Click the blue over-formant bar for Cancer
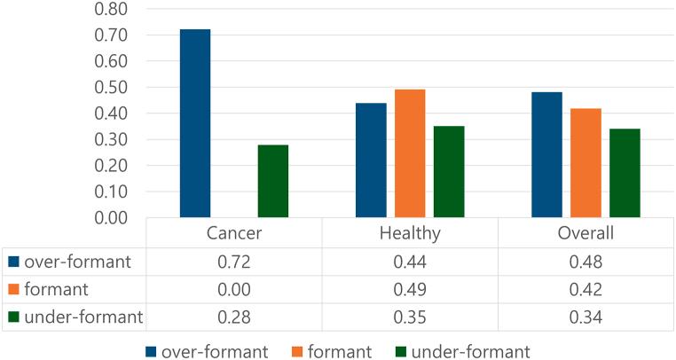pos(195,123)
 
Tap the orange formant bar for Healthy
pos(410,153)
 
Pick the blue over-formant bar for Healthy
pos(371,160)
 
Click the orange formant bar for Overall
pos(586,162)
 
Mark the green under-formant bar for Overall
pos(625,173)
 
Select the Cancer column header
pos(234,234)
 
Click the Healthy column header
pos(410,234)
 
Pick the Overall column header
pos(586,234)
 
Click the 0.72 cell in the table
pos(234,262)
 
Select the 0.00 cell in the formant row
pos(234,290)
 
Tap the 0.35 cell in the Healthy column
pos(410,317)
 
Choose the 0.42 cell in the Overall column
pos(586,290)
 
